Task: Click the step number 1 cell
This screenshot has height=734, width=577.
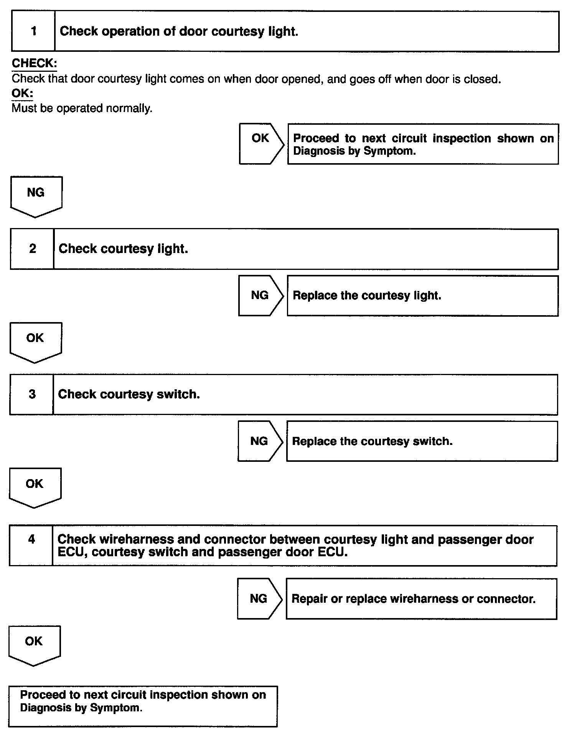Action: (x=33, y=31)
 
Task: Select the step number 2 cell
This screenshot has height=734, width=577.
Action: (x=32, y=249)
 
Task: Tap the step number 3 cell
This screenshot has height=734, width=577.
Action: (x=32, y=394)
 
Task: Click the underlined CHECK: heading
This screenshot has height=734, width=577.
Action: (x=34, y=63)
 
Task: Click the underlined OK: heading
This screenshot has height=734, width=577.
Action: (x=22, y=93)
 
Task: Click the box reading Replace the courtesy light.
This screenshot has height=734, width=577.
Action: (x=422, y=296)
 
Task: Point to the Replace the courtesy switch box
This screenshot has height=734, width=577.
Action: (x=422, y=441)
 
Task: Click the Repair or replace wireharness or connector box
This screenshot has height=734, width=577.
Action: (x=421, y=598)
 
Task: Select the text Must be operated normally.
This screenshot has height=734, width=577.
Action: (x=82, y=108)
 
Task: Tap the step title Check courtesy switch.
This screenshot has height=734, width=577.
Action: (x=129, y=394)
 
